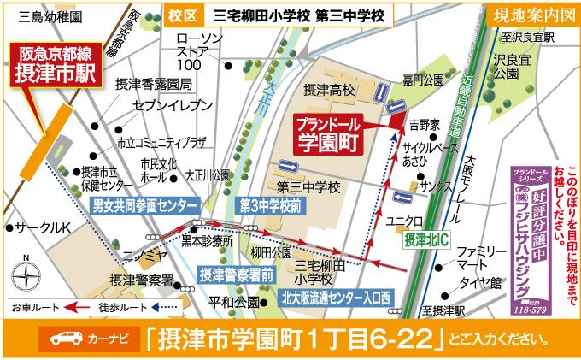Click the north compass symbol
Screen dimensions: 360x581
tap(26, 274)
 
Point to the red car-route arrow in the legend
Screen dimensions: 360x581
tap(79, 306)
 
